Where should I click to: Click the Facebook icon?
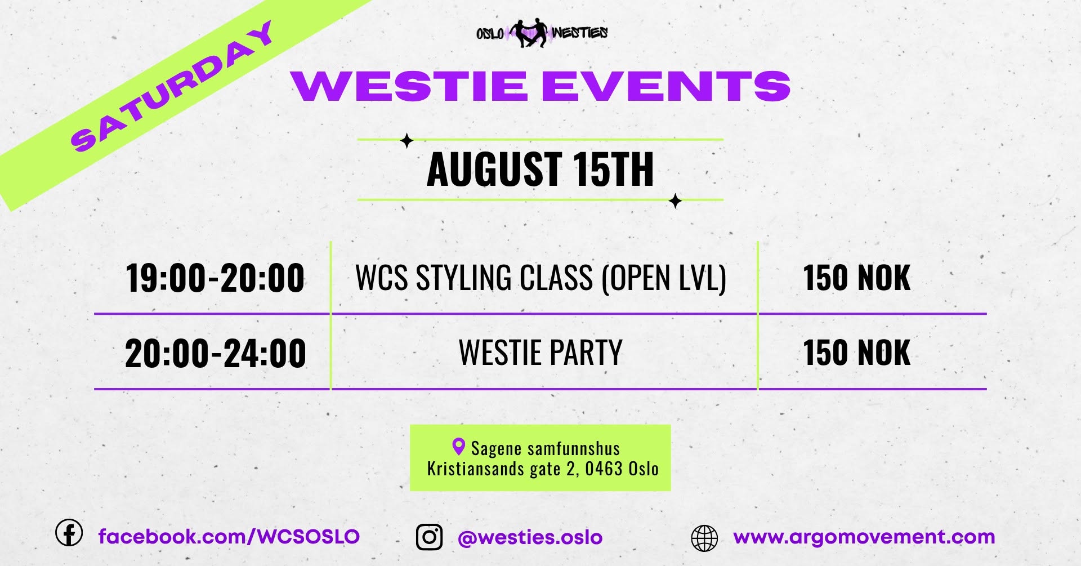tap(69, 532)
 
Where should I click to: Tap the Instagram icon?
tap(429, 537)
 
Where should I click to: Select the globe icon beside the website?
tap(704, 538)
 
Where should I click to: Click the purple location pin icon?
tap(458, 447)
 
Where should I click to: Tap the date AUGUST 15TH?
tap(540, 169)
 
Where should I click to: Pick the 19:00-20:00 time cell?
tap(215, 278)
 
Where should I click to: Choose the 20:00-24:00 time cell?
tap(215, 354)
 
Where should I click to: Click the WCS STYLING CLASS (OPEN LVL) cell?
tap(541, 278)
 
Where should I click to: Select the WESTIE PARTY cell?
tap(540, 353)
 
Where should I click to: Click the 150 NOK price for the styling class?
tap(856, 278)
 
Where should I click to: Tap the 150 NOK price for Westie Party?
tap(856, 353)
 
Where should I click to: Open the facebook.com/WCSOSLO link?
tap(229, 536)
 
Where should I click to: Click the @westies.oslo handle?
tap(530, 537)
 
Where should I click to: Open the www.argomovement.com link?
tap(864, 537)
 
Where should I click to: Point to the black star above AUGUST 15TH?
tap(407, 141)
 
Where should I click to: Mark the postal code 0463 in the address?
tap(604, 469)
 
